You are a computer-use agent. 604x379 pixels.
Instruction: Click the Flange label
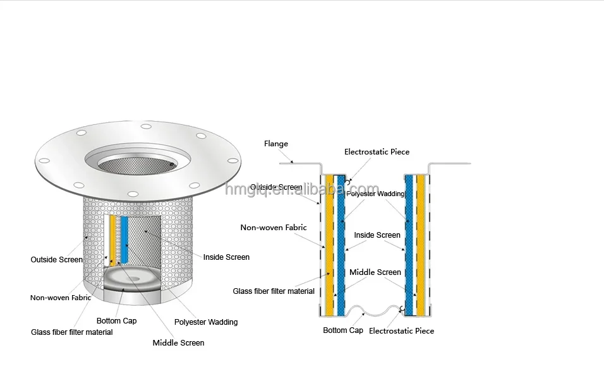[x=275, y=144]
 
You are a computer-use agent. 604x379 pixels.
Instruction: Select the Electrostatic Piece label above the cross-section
[x=377, y=152]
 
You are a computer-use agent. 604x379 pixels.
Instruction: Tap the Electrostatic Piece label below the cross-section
[x=401, y=330]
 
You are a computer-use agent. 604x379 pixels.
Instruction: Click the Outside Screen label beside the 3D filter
[x=56, y=260]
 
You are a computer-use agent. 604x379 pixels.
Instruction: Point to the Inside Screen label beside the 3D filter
[x=226, y=257]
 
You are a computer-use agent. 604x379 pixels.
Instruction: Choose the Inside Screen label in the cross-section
[x=377, y=235]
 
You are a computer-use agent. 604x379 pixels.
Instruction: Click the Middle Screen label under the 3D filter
[x=178, y=343]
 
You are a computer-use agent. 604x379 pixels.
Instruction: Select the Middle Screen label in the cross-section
[x=375, y=272]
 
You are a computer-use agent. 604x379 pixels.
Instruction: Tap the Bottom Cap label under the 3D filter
[x=116, y=321]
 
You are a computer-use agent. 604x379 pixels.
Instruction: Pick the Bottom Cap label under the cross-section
[x=342, y=330]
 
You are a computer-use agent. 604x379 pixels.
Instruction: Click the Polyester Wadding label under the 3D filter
[x=206, y=322]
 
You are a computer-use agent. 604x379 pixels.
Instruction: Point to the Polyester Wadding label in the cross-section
[x=375, y=194]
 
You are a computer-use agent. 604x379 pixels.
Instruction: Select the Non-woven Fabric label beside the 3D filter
[x=61, y=298]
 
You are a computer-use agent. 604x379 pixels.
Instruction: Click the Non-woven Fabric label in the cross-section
[x=274, y=228]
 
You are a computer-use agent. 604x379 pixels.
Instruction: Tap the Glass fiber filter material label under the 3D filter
[x=72, y=332]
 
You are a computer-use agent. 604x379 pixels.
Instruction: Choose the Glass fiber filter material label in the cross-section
[x=274, y=291]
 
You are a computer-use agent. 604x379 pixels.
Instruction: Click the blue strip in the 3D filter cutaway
[x=124, y=240]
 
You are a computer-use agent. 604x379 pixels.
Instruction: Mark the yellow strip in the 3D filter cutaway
[x=113, y=240]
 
